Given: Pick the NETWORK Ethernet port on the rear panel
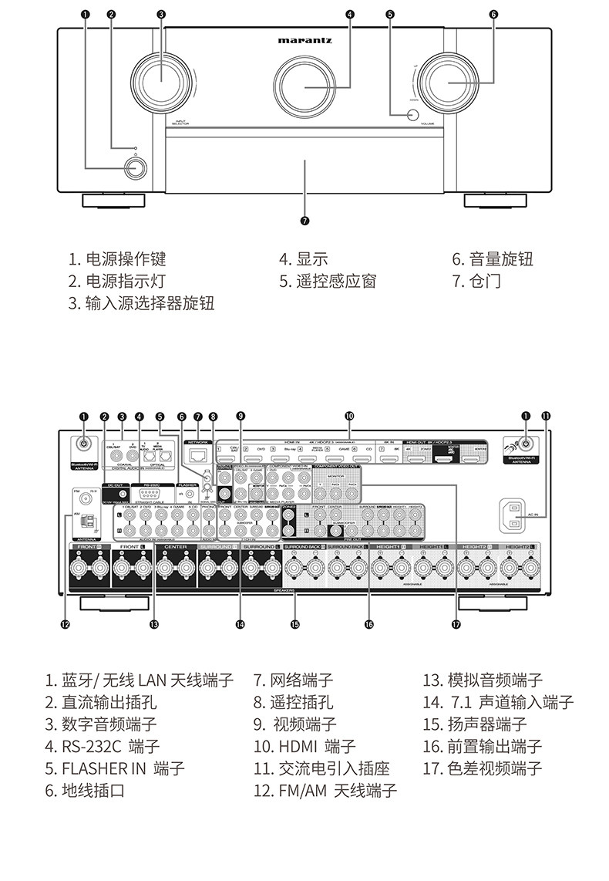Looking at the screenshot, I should pos(199,454).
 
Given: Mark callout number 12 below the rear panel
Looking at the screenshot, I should pos(65,623).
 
